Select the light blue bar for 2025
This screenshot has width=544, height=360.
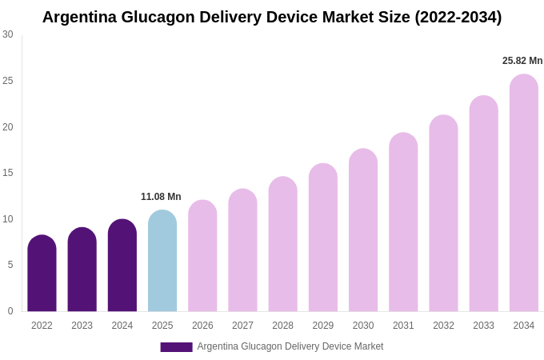(162, 261)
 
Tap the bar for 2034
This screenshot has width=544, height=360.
(524, 193)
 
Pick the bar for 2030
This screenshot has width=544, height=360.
(363, 230)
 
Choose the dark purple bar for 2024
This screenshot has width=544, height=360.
(122, 266)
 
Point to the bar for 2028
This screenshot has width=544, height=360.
(282, 244)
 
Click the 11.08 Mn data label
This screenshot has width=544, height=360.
(161, 197)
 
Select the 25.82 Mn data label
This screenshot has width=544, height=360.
(522, 61)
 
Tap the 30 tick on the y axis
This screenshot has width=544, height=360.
(8, 34)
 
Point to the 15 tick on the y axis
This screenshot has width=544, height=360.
(8, 173)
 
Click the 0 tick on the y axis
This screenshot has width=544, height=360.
(10, 311)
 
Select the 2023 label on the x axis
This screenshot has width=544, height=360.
(82, 326)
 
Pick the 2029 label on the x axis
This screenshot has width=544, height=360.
(323, 326)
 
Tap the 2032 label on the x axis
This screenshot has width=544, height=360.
(443, 326)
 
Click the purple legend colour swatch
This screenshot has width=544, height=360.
(176, 347)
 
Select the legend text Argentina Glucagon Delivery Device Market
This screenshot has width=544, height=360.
(290, 346)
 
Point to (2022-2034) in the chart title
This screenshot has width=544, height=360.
(458, 17)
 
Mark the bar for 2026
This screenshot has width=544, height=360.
(202, 256)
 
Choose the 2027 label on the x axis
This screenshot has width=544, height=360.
(242, 326)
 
